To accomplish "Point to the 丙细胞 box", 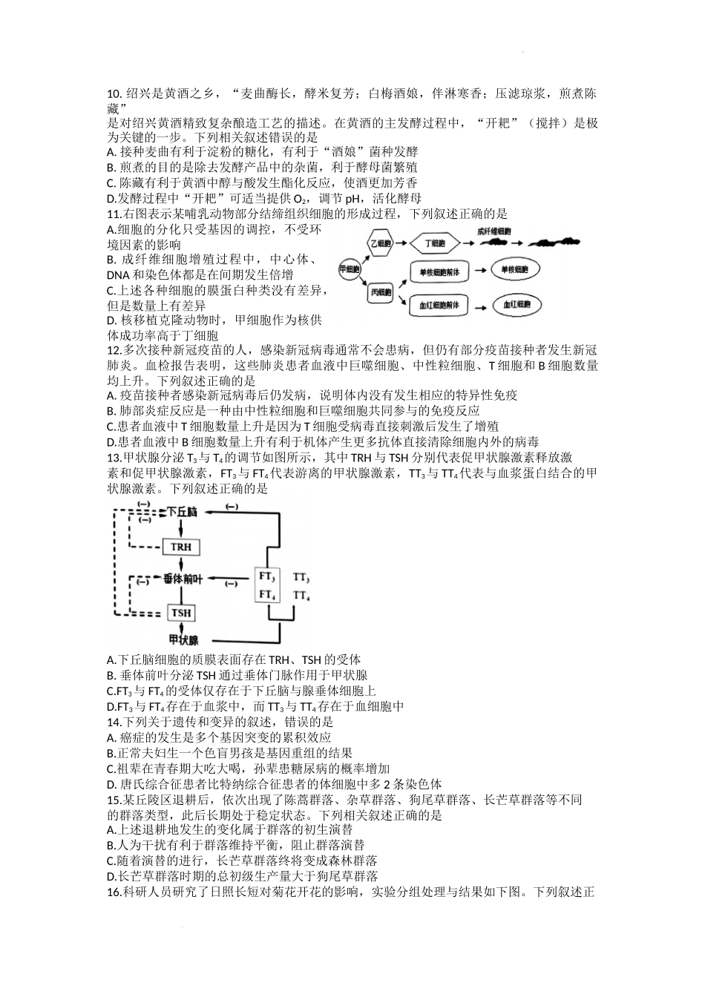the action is point(381,293).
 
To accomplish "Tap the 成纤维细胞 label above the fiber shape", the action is point(496,231).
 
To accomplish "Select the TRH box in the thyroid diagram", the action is point(181,547).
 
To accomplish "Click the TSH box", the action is point(181,613).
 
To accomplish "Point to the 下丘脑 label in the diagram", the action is point(182,512).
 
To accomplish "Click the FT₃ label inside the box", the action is point(267,576).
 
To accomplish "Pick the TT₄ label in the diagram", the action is point(301,595).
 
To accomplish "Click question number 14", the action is point(114,722).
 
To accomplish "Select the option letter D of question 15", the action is point(111,876).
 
